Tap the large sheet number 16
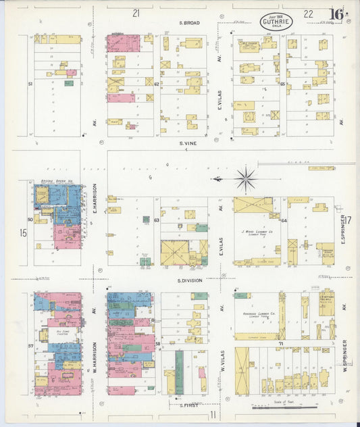336,14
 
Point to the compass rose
245,179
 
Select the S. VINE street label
188,143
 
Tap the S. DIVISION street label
190,279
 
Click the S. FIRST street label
190,405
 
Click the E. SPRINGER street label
343,230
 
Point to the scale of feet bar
283,407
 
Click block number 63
156,220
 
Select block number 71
281,344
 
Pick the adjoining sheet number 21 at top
136,12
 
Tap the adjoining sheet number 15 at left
22,233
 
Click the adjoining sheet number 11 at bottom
212,414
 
